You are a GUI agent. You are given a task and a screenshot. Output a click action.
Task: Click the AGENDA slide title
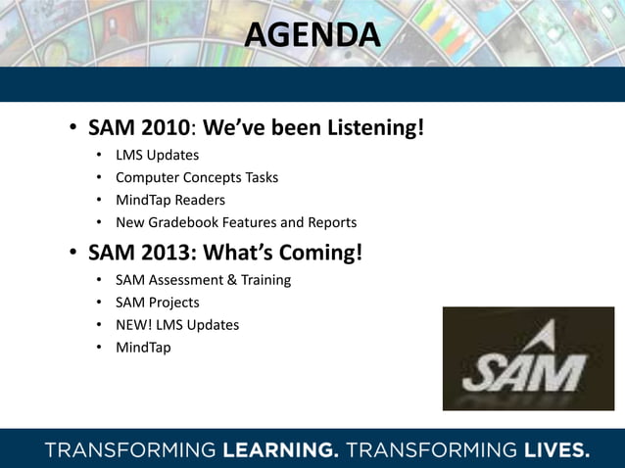coord(312,35)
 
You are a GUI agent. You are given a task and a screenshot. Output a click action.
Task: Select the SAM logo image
coord(528,358)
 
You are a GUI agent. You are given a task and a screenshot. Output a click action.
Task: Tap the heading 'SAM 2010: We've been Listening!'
coord(256,128)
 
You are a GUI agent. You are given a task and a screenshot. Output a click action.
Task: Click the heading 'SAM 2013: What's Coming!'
coord(225,253)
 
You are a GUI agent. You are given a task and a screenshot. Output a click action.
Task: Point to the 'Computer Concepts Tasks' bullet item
coord(196,177)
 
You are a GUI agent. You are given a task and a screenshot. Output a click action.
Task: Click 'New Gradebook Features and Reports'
coord(235,222)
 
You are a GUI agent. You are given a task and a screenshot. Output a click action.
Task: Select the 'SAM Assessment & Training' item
coord(203,280)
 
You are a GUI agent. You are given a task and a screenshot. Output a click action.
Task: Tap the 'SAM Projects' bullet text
coord(157,303)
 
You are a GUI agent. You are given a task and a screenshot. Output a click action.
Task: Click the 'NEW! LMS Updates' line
coord(176,325)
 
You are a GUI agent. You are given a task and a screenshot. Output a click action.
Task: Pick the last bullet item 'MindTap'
coord(143,348)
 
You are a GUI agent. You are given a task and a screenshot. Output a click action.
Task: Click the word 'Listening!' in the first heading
coord(379,128)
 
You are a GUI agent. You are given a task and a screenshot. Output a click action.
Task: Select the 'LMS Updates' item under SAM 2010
coord(157,155)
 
